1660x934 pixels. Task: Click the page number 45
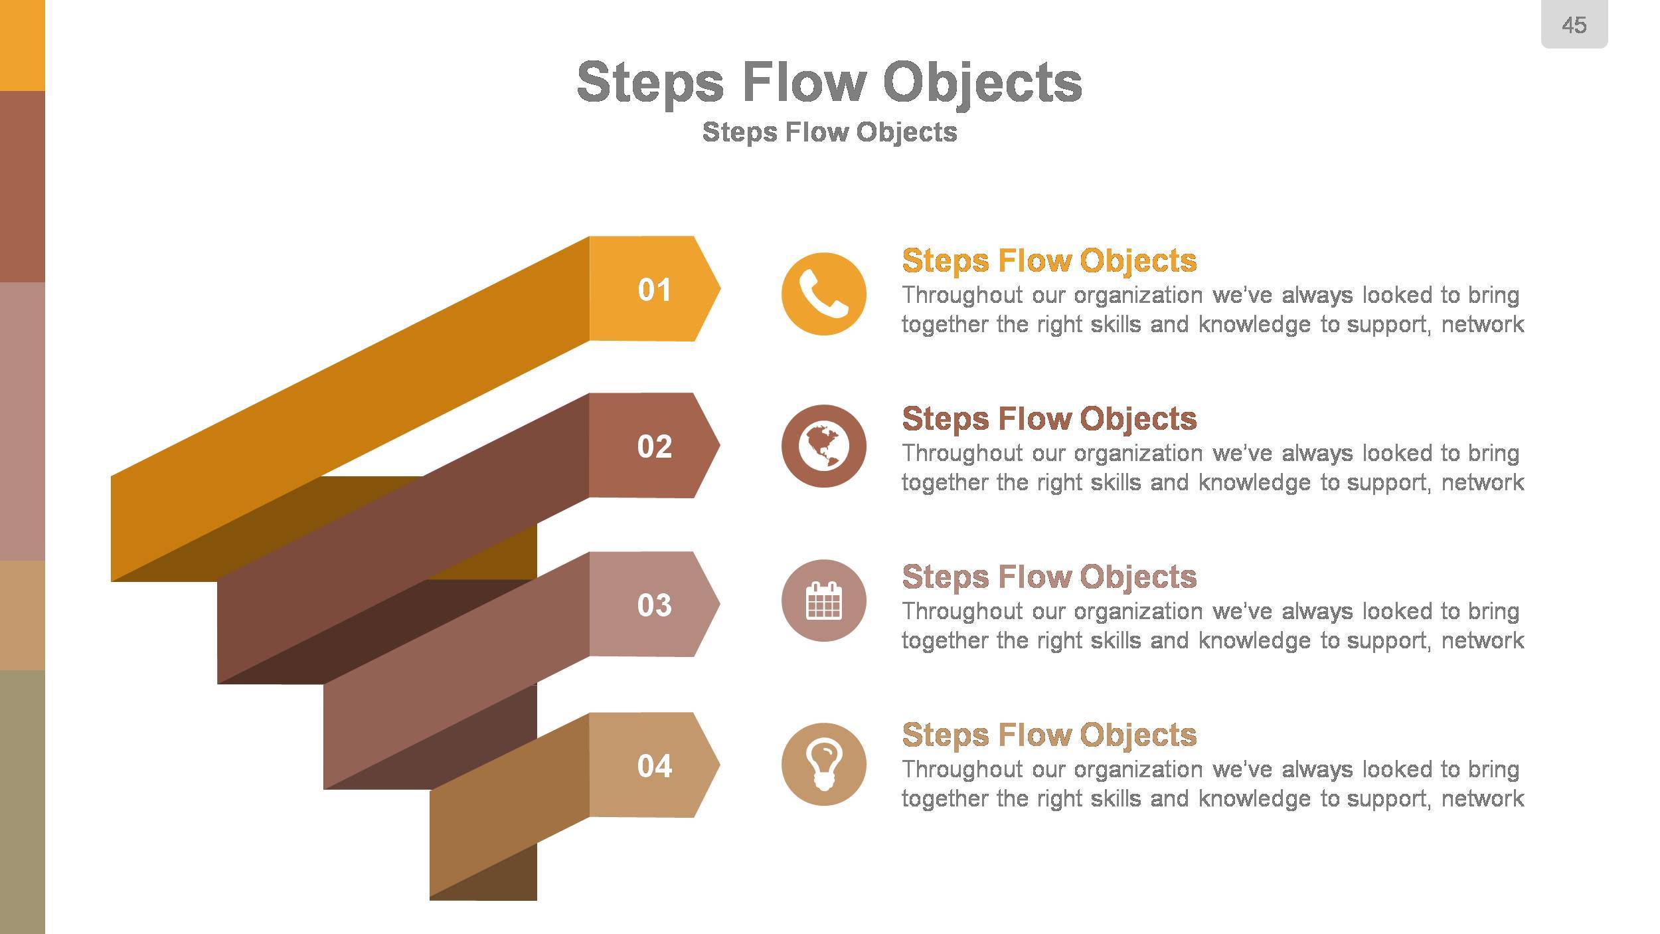coord(1574,25)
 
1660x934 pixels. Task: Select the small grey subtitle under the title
coord(829,132)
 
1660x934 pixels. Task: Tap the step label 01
coord(654,290)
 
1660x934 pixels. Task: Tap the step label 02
coord(654,446)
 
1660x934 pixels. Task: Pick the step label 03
coord(654,605)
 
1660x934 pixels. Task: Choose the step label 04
coord(654,766)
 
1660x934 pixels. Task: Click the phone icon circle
coord(823,294)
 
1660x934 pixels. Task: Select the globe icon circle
coord(823,446)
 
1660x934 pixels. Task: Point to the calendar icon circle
coord(823,601)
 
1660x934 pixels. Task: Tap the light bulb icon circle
coord(823,765)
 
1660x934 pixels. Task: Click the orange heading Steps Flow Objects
coord(1048,260)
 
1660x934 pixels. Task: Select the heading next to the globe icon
coord(1048,419)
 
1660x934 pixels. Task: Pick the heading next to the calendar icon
coord(1048,577)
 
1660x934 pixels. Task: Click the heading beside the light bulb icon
coord(1048,735)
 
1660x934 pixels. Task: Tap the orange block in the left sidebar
coord(22,45)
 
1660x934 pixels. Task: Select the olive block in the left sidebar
coord(22,800)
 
